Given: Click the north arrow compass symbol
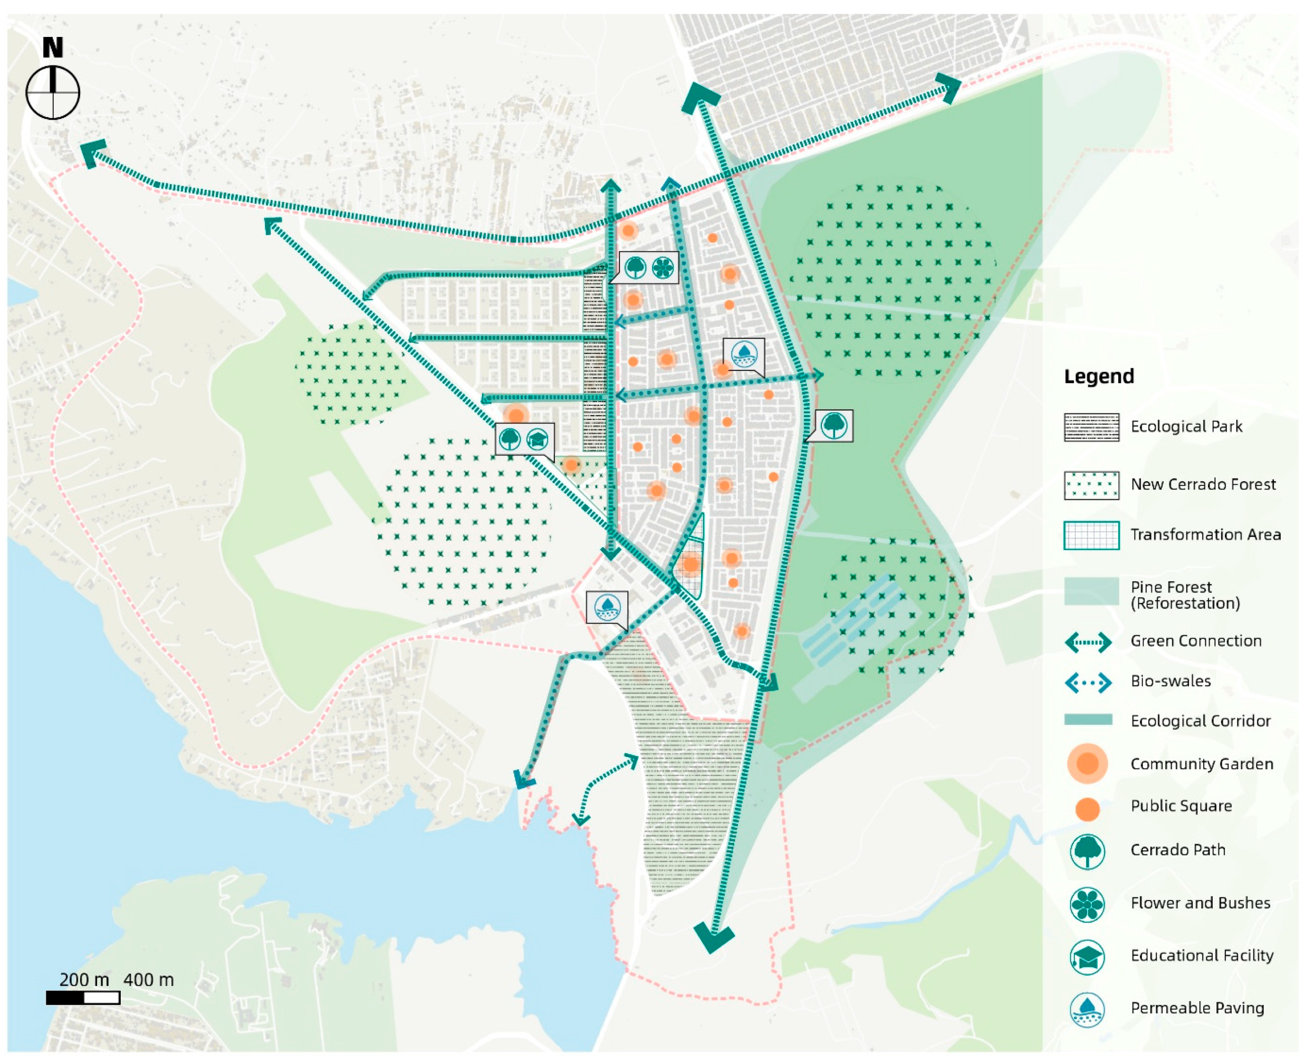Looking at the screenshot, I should tap(53, 92).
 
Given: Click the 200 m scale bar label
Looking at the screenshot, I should tap(84, 980).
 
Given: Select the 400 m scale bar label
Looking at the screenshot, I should tap(148, 980).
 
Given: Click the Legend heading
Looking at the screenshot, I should tap(1099, 376).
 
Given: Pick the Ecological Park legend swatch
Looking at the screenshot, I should tap(1091, 427).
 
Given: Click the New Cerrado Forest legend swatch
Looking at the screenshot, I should tap(1091, 485).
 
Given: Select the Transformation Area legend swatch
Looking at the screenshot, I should tap(1091, 535).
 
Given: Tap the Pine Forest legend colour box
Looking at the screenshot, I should tap(1091, 591).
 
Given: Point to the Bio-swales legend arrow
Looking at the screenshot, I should tap(1088, 682).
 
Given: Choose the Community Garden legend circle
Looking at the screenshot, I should tap(1087, 764).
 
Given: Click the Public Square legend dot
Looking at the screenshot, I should tap(1087, 809).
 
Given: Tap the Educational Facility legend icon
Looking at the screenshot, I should tap(1087, 957).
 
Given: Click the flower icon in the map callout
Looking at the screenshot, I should tap(663, 267).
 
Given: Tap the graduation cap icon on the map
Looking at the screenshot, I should tap(537, 439).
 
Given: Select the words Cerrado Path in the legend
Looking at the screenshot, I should tap(1178, 850).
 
